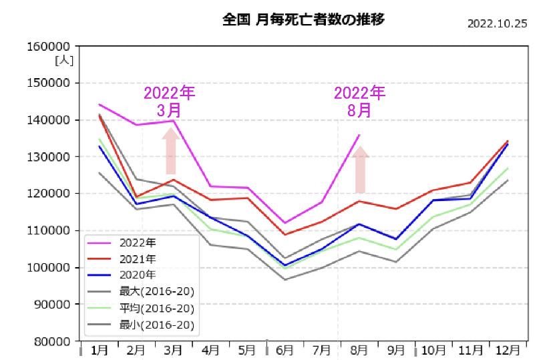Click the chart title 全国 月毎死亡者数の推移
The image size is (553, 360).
click(x=303, y=19)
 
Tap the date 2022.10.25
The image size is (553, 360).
click(x=498, y=23)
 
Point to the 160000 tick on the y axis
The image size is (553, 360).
click(x=51, y=47)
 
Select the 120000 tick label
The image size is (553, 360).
click(x=51, y=194)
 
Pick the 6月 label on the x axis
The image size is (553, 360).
click(x=285, y=350)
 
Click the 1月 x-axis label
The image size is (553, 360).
click(x=100, y=350)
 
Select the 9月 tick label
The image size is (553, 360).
click(x=396, y=350)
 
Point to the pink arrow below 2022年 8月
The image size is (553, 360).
click(x=361, y=170)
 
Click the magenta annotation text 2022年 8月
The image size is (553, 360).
click(x=359, y=101)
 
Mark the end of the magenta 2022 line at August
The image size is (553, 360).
click(x=359, y=136)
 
